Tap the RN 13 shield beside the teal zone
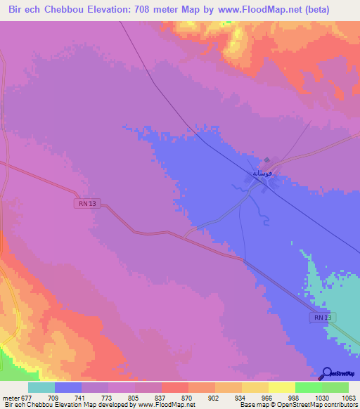click(320, 318)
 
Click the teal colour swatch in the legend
click(41, 387)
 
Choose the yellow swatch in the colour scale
click(281, 387)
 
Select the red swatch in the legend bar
click(174, 387)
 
